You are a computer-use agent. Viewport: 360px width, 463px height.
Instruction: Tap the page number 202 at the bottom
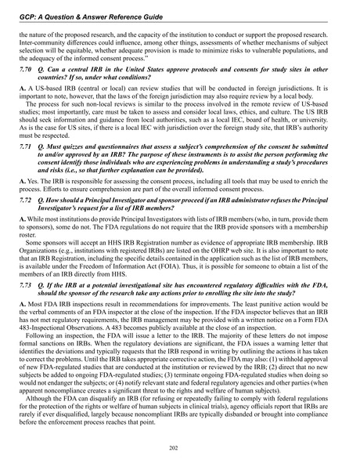(x=179, y=447)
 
